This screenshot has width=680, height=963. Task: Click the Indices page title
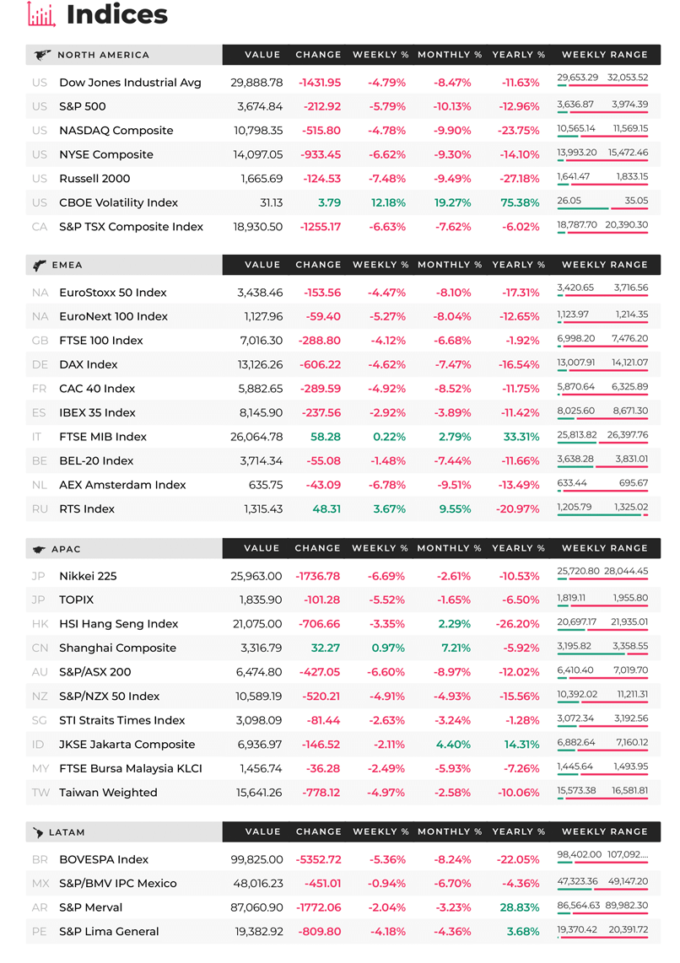[x=116, y=14]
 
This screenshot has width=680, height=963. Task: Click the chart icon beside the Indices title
[x=41, y=14]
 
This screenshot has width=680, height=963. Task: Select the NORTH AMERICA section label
[x=103, y=55]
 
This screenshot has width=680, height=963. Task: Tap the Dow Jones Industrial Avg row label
[x=130, y=83]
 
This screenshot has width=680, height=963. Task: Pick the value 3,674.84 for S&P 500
[x=260, y=106]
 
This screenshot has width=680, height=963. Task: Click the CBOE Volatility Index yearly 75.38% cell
[x=520, y=202]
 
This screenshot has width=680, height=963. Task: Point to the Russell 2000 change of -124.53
[x=322, y=179]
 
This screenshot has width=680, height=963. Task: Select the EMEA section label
[x=67, y=265]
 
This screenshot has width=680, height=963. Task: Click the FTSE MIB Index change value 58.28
[x=326, y=437]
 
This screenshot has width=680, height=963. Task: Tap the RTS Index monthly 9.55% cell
[x=456, y=509]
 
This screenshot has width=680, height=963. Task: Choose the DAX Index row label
[x=89, y=365]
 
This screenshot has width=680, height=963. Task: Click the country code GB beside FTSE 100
[x=40, y=341]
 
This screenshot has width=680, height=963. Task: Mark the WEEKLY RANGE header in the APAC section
[x=604, y=548]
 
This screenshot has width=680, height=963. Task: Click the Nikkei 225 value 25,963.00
[x=256, y=576]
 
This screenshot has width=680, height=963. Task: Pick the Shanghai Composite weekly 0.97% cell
[x=388, y=648]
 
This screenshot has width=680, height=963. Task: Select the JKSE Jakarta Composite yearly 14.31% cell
[x=521, y=745]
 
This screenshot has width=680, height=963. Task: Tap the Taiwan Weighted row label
[x=108, y=793]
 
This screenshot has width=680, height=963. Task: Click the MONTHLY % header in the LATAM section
[x=450, y=831]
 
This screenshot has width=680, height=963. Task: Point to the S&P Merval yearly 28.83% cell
[x=520, y=907]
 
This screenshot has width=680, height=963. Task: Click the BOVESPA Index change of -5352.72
[x=318, y=860]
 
